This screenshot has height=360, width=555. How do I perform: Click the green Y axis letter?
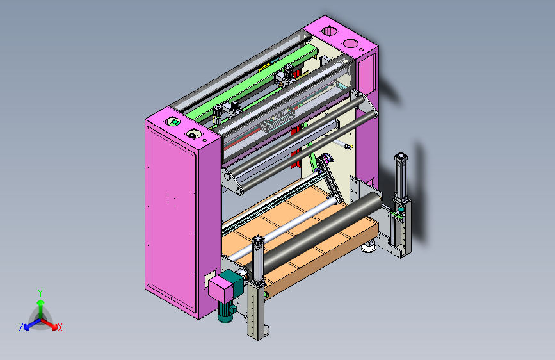coord(40,293)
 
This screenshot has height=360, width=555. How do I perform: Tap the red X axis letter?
coord(60,328)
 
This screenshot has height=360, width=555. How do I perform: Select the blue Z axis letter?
coord(21,327)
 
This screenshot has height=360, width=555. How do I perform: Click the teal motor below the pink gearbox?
coord(225,312)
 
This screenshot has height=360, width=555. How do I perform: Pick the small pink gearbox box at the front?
coord(220,288)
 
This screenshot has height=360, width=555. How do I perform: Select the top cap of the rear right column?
coord(400,156)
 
